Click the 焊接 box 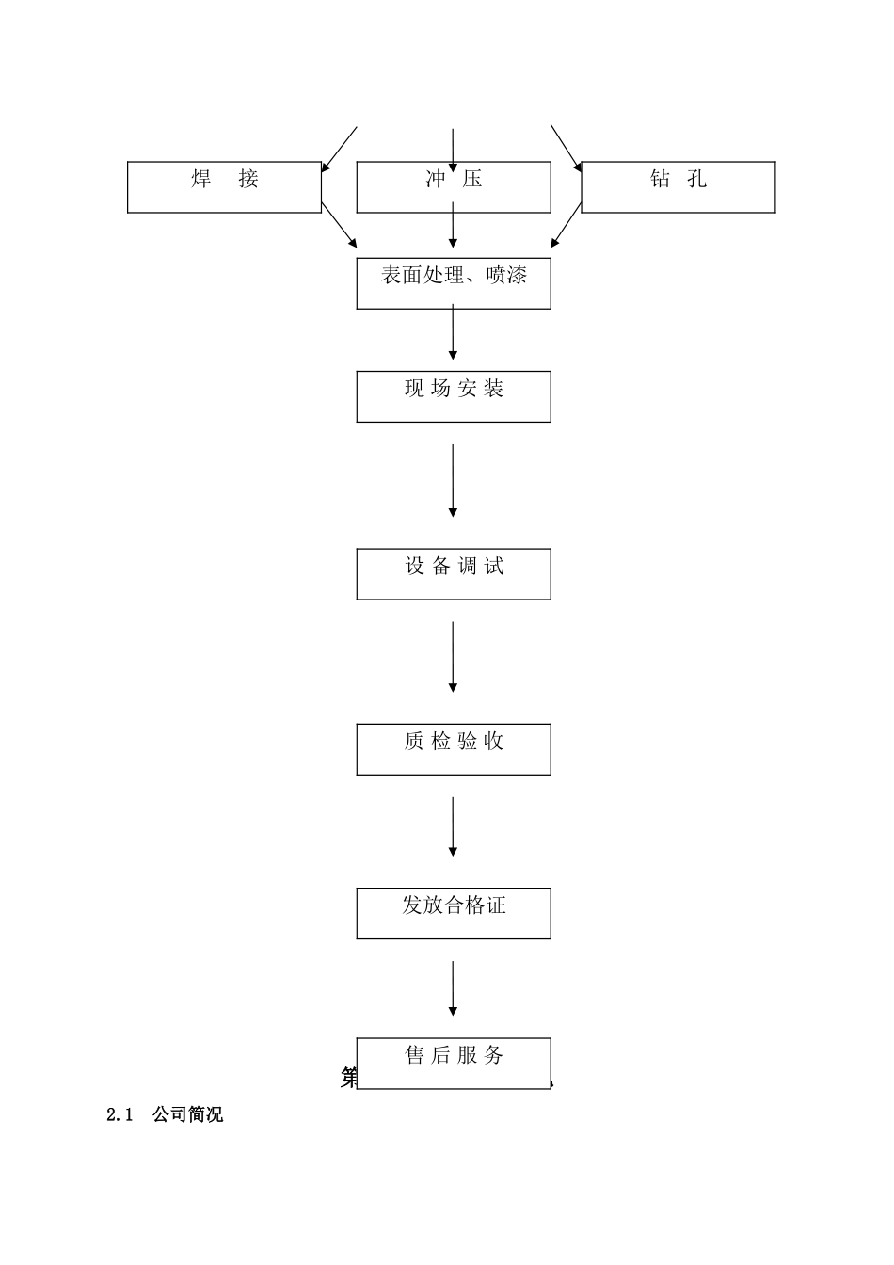click(224, 186)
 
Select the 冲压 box click(453, 186)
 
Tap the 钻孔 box click(678, 186)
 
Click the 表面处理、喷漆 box click(453, 283)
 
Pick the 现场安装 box click(453, 396)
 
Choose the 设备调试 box click(453, 574)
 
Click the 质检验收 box click(453, 749)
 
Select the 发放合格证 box click(453, 913)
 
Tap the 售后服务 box click(453, 1063)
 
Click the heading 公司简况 click(188, 1115)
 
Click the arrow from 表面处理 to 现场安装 click(453, 333)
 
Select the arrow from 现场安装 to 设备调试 click(453, 480)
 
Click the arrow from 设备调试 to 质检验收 click(453, 656)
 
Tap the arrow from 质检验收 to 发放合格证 click(453, 825)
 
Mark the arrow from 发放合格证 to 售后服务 click(453, 987)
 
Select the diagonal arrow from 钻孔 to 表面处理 click(567, 226)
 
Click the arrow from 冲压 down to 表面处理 click(453, 229)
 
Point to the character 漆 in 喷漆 click(515, 276)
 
